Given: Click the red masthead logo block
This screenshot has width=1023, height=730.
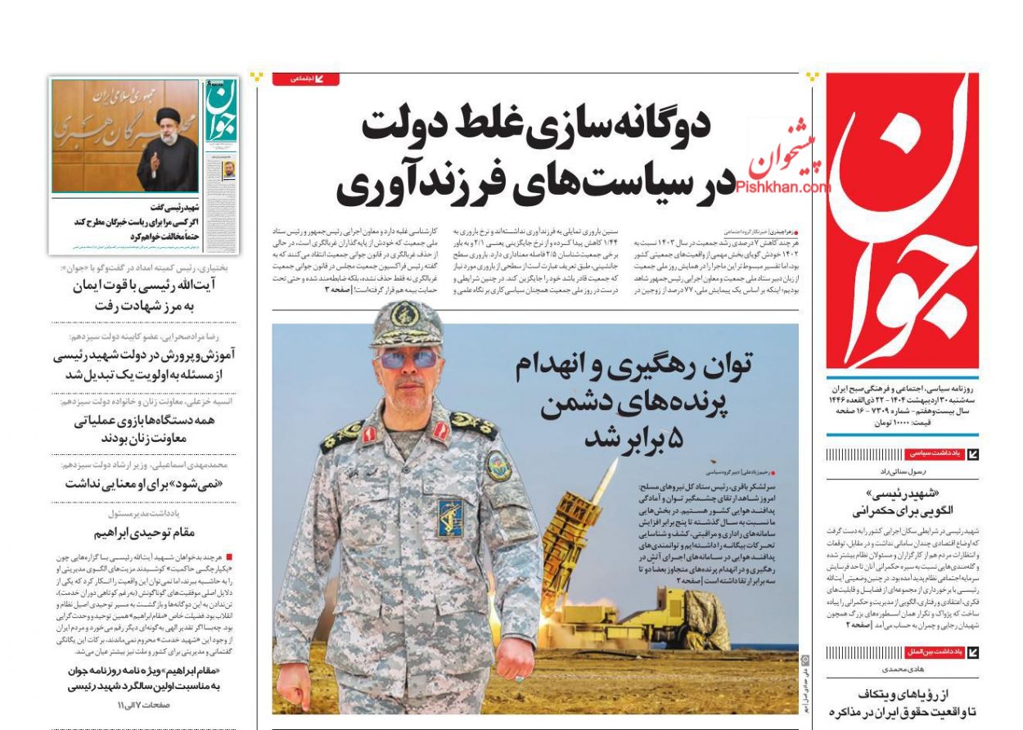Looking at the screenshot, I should tap(902, 221).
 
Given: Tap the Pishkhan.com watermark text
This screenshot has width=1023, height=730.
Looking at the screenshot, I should tap(783, 187).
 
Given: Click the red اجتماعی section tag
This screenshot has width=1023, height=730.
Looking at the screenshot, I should tap(315, 79).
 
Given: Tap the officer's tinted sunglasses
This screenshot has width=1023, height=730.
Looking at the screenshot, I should tap(408, 358).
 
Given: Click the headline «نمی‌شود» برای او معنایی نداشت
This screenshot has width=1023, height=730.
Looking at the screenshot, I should tap(144, 483).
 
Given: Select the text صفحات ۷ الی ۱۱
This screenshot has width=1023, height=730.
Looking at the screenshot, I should tap(146, 705).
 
